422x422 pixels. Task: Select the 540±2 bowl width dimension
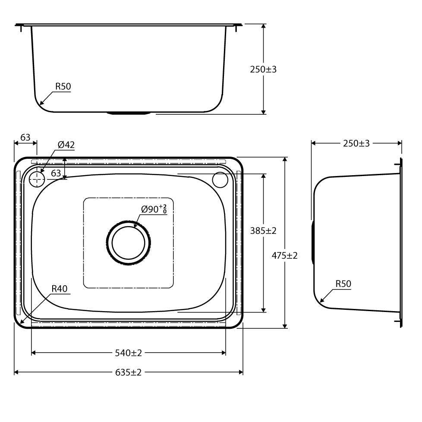tap(129, 353)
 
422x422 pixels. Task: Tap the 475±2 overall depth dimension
tap(285, 255)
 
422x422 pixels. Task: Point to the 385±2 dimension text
tap(263, 231)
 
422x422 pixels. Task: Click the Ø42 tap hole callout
tap(66, 145)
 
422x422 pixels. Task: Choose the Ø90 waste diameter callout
tap(154, 210)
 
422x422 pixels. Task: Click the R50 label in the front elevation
tap(63, 86)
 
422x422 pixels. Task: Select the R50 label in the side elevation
tap(343, 283)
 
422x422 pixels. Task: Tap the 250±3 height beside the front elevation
tap(263, 69)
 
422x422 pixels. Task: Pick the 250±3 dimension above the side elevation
tap(356, 144)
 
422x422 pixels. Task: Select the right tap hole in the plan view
tap(220, 180)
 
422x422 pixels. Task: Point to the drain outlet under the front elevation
tap(129, 113)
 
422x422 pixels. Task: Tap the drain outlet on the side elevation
tap(312, 242)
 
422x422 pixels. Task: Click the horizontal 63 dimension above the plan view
tap(25, 138)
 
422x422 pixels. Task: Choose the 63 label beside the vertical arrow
tap(56, 173)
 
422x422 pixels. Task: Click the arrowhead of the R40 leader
tap(21, 322)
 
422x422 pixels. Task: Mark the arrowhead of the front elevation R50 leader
tap(41, 104)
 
